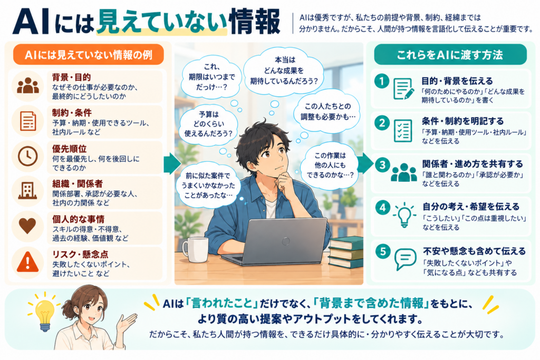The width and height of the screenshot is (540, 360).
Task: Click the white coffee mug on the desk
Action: click(196, 249)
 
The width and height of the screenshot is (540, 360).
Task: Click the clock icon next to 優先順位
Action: click(27, 156)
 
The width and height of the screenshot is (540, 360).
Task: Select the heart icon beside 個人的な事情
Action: click(27, 226)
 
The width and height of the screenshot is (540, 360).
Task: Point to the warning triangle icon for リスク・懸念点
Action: click(27, 262)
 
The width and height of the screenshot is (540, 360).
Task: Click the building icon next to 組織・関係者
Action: click(27, 190)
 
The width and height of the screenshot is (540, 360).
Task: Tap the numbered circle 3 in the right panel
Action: click(382, 165)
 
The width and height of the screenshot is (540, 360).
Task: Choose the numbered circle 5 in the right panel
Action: click(383, 251)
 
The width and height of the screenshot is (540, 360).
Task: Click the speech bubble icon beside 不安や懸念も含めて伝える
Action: click(406, 259)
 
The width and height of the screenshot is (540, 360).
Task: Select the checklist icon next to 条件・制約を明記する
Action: click(403, 131)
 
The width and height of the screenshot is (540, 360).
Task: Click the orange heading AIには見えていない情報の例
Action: click(89, 55)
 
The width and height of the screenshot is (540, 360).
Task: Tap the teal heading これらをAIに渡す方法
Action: click(450, 55)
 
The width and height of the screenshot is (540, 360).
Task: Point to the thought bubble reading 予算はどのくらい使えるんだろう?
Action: click(208, 123)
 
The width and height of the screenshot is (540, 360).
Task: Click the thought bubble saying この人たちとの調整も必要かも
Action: click(327, 112)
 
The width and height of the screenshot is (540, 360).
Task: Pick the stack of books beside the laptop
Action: click(346, 252)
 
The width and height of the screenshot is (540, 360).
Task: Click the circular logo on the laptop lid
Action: click(286, 241)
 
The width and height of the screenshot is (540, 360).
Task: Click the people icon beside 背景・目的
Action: click(28, 86)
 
